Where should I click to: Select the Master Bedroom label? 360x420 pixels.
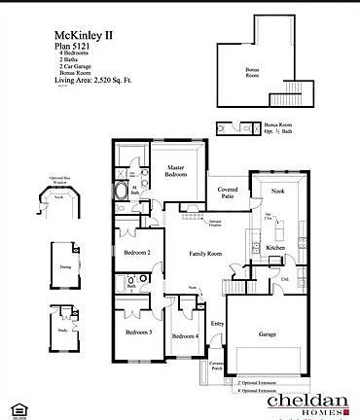tap(175, 172)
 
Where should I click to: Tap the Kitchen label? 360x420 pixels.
tap(275, 249)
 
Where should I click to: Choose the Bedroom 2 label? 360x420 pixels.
tap(136, 253)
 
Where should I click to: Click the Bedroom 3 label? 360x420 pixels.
tap(137, 333)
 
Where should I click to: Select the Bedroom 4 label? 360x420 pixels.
tap(185, 336)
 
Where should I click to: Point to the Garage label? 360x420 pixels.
tap(268, 333)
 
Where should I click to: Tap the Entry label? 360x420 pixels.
tap(217, 324)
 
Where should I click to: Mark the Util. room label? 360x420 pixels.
tap(286, 278)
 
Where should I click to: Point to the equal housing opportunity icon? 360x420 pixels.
tap(18, 405)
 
